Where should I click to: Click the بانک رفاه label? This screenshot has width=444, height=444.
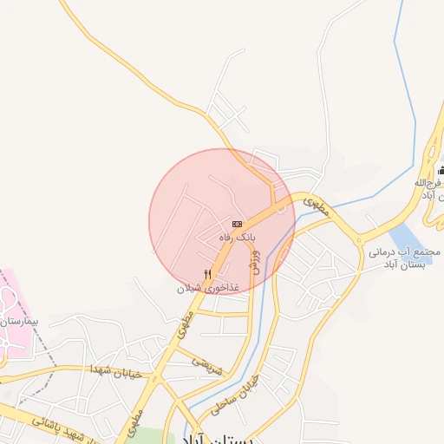coord(237,236)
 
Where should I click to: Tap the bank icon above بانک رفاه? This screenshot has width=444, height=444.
coord(237,223)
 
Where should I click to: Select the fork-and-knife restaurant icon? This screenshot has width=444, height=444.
coord(207,274)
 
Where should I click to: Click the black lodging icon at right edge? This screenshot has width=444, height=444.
coord(441,169)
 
